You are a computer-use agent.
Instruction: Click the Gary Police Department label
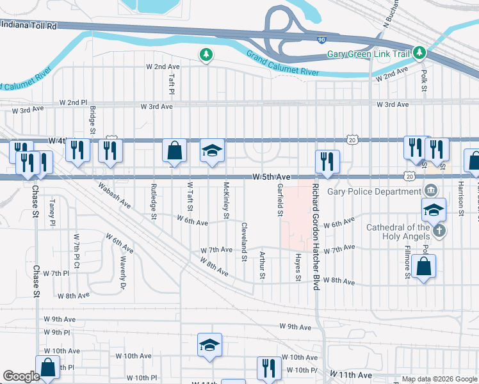pyautogui.click(x=373, y=191)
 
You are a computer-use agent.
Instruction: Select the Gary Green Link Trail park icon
pyautogui.click(x=419, y=52)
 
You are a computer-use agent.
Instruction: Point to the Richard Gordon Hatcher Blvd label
pyautogui.click(x=316, y=237)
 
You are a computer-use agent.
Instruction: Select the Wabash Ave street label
pyautogui.click(x=115, y=196)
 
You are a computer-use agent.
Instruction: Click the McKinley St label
pyautogui.click(x=227, y=200)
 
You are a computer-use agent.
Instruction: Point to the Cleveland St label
pyautogui.click(x=244, y=242)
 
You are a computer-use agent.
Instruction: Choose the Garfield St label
pyautogui.click(x=280, y=198)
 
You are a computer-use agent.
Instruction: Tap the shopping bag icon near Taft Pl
pyautogui.click(x=175, y=151)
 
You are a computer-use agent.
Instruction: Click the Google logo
pyautogui.click(x=22, y=376)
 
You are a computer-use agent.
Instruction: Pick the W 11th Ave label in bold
pyautogui.click(x=350, y=374)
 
